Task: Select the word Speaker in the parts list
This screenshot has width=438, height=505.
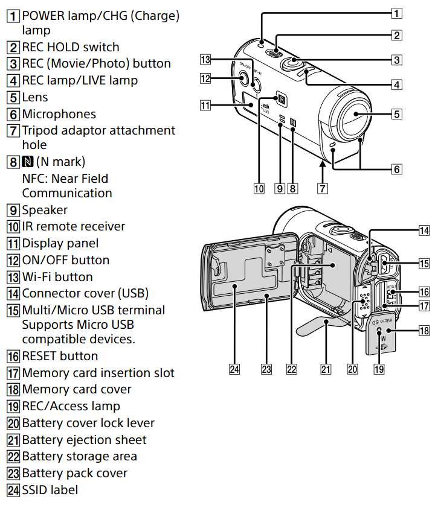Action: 45,210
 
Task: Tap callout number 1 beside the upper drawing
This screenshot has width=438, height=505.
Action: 396,11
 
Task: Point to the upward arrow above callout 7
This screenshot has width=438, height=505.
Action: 322,164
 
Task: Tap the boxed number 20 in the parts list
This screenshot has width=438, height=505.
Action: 13,423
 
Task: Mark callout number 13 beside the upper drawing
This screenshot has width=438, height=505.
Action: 206,60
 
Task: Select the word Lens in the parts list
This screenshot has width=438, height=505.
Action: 35,97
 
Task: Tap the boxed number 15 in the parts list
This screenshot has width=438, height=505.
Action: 13,310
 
